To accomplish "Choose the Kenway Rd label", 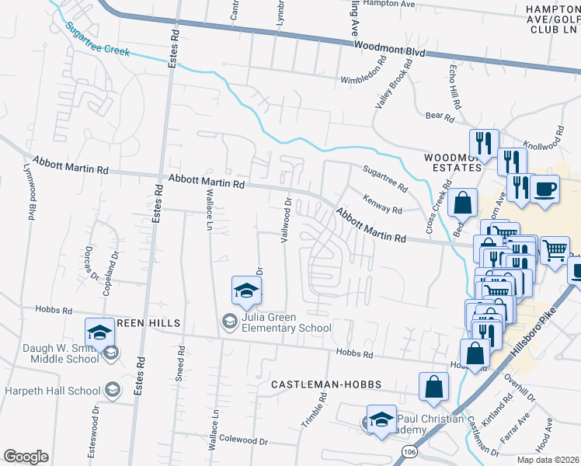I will pos(382,205).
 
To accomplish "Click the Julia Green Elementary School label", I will pos(287,322).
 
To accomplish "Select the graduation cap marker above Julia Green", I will pos(246,291).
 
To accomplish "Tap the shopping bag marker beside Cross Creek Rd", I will pos(462,203).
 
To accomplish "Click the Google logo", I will pos(26,456).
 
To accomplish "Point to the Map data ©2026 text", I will pos(548,460).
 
